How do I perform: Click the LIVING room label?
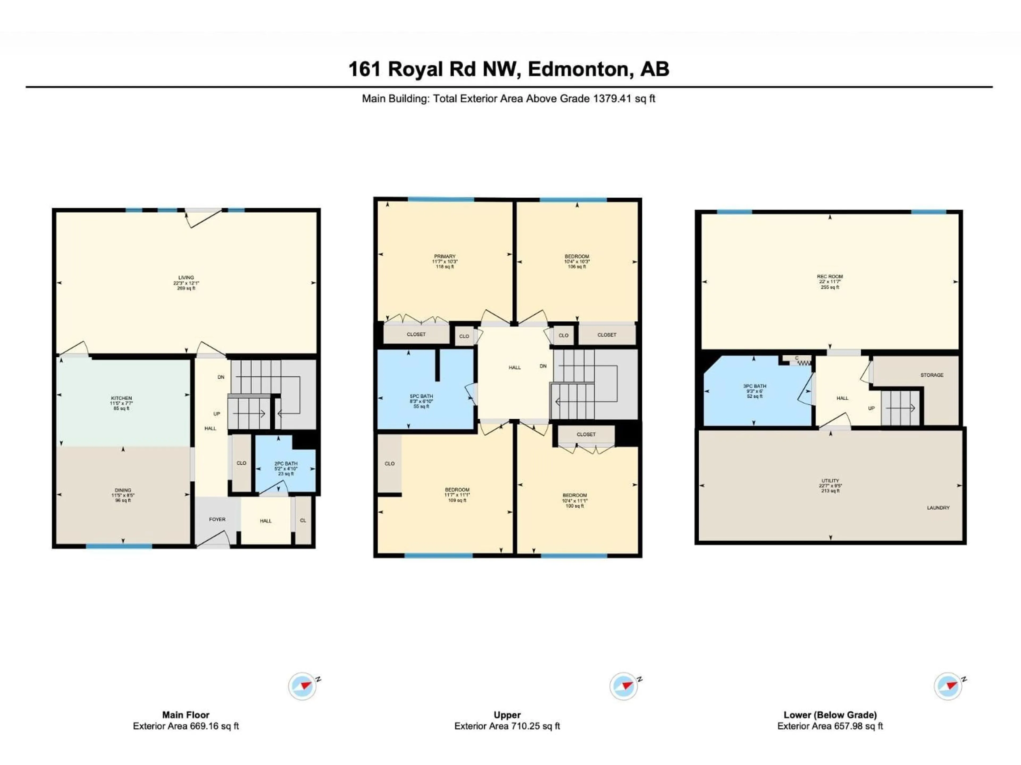pos(186,278)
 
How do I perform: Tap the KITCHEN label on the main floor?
pos(122,398)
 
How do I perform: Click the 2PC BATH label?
pos(286,464)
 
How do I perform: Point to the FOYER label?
pos(217,519)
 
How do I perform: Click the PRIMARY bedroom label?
pos(445,256)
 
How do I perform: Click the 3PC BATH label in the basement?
pos(755,386)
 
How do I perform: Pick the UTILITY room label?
pos(830,481)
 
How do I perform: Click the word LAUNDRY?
pos(938,508)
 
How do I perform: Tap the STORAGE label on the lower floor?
pos(931,375)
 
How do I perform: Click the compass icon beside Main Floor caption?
pos(302,686)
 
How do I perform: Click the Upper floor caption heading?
pos(507,715)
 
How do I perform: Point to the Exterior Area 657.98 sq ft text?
pos(830,726)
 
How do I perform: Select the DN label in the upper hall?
pos(543,366)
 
